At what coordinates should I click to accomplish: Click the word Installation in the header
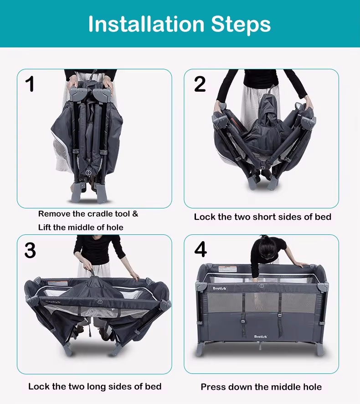pyautogui.click(x=146, y=24)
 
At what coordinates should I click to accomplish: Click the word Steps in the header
pyautogui.click(x=241, y=25)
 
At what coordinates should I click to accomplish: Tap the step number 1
pyautogui.click(x=31, y=84)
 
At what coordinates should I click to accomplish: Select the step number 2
pyautogui.click(x=200, y=84)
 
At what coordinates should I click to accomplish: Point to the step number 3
pyautogui.click(x=30, y=250)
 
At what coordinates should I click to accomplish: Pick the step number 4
pyautogui.click(x=201, y=249)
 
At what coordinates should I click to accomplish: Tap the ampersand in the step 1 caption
pyautogui.click(x=135, y=214)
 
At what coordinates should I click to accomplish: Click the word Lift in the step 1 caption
pyautogui.click(x=44, y=228)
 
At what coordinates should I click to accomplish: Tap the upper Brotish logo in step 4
pyautogui.click(x=219, y=288)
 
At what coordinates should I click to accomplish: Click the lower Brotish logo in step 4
pyautogui.click(x=261, y=337)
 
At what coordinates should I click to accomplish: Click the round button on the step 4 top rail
pyautogui.click(x=262, y=286)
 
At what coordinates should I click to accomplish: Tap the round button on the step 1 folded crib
pyautogui.click(x=88, y=172)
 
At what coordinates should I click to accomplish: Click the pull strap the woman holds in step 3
pyautogui.click(x=91, y=271)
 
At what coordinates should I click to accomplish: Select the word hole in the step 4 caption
pyautogui.click(x=313, y=387)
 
